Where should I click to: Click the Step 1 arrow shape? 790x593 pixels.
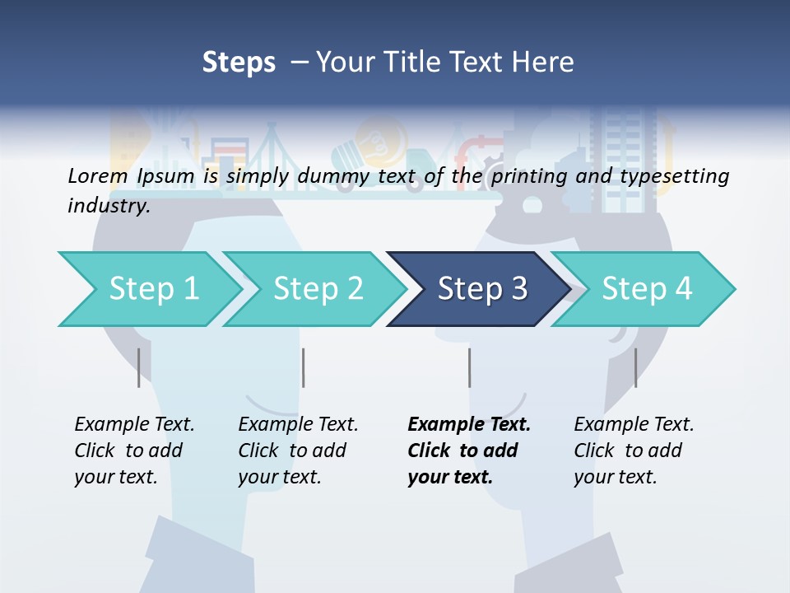coord(148,289)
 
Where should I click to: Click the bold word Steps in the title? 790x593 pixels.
coord(239,62)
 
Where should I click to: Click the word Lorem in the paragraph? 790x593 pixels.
coord(97,175)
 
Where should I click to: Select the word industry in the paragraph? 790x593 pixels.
coord(109,205)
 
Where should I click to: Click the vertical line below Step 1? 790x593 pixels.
coord(139,367)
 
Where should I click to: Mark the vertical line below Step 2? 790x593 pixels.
coord(304,367)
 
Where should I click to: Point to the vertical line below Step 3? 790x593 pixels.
coord(469,367)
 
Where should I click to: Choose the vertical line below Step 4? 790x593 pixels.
coord(635,367)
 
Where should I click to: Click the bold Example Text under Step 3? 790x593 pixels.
coord(469,425)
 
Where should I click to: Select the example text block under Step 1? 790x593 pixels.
coord(134,451)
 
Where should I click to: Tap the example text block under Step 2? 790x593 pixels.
coord(298,451)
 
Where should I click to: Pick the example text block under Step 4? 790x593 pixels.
coord(634,451)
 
